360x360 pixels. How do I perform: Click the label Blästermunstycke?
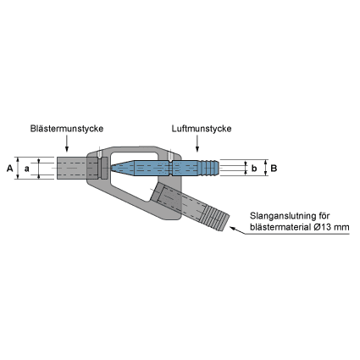pyautogui.click(x=67, y=129)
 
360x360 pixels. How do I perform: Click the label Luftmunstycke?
pyautogui.click(x=202, y=129)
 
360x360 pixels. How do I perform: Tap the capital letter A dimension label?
pyautogui.click(x=10, y=169)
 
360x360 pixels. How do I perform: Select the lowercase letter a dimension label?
pyautogui.click(x=27, y=169)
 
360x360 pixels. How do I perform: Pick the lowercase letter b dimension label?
pyautogui.click(x=254, y=169)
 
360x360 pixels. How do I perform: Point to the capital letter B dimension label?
pyautogui.click(x=274, y=169)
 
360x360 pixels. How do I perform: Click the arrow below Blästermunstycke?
pyautogui.click(x=67, y=143)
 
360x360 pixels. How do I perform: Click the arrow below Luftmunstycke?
pyautogui.click(x=197, y=143)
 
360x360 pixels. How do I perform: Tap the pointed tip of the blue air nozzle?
pyautogui.click(x=111, y=168)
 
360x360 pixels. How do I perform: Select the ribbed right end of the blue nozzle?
pyautogui.click(x=210, y=168)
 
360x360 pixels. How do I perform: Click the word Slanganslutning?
pyautogui.click(x=279, y=216)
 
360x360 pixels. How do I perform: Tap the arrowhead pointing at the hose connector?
pyautogui.click(x=233, y=228)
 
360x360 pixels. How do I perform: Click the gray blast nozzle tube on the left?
pyautogui.click(x=72, y=168)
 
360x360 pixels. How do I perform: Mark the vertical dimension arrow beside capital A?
pyautogui.click(x=18, y=168)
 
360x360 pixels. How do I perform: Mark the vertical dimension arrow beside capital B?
pyautogui.click(x=265, y=168)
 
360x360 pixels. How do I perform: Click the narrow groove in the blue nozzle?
pyautogui.click(x=171, y=169)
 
